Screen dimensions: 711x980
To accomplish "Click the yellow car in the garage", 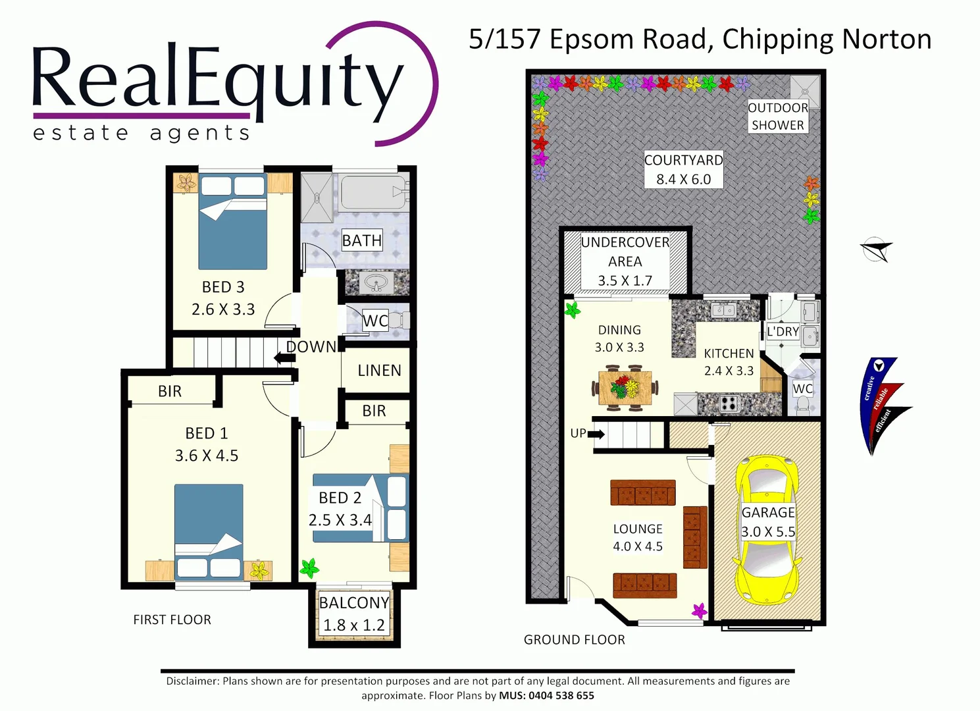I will [767, 531].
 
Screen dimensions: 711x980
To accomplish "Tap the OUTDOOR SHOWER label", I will [777, 117].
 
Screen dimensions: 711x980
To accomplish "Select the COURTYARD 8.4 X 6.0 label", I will [683, 169].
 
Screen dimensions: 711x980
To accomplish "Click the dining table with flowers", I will [625, 388].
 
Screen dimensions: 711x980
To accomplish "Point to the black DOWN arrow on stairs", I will [284, 357].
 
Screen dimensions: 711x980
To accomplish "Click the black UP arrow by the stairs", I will [596, 434].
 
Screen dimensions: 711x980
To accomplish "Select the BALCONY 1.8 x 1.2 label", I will [354, 614].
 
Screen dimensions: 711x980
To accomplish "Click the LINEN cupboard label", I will [379, 371].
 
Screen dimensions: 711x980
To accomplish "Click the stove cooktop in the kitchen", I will [729, 403].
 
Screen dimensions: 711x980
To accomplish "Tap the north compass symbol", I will [876, 250].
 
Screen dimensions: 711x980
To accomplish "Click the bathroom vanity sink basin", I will [376, 283].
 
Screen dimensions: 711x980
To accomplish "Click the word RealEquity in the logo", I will [217, 79].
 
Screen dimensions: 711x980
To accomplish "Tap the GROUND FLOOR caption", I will [574, 639].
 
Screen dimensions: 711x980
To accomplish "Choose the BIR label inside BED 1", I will [169, 391].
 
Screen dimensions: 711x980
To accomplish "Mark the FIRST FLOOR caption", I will [172, 619].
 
